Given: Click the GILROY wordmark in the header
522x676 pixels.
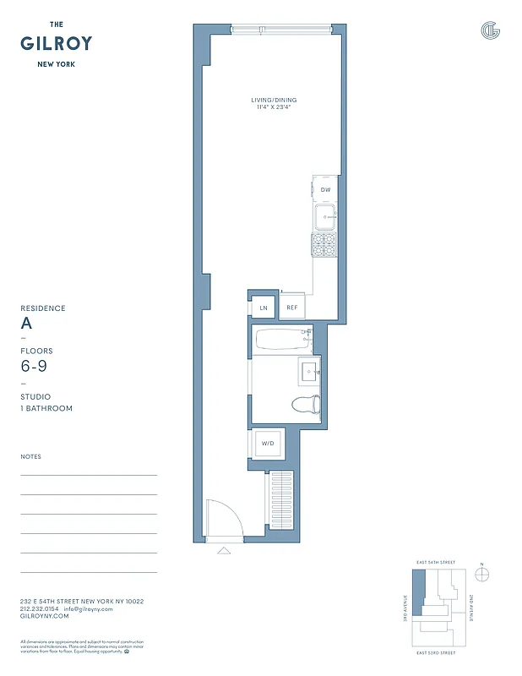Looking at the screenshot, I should (x=56, y=44).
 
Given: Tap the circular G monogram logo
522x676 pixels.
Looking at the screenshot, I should (x=490, y=30).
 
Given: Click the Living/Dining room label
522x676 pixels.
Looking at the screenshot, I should (x=274, y=101).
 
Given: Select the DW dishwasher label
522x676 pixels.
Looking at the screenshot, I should (x=325, y=190).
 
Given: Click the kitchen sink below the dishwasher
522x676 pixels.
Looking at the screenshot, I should (x=325, y=217).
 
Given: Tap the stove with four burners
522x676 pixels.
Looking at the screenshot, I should (x=325, y=246).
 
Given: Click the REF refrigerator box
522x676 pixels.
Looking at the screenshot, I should (x=292, y=308).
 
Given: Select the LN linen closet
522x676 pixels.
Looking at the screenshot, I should (x=264, y=308).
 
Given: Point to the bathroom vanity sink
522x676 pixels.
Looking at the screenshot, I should (x=308, y=371).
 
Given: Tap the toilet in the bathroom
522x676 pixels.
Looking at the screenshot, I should (x=306, y=405).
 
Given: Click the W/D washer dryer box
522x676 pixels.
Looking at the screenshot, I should (x=267, y=444).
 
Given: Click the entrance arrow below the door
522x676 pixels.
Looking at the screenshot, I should (x=224, y=551).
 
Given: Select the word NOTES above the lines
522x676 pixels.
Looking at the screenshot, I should (x=30, y=456).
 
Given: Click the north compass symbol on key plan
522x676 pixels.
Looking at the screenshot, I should (x=482, y=575).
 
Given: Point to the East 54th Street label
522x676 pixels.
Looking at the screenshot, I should (x=436, y=562).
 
